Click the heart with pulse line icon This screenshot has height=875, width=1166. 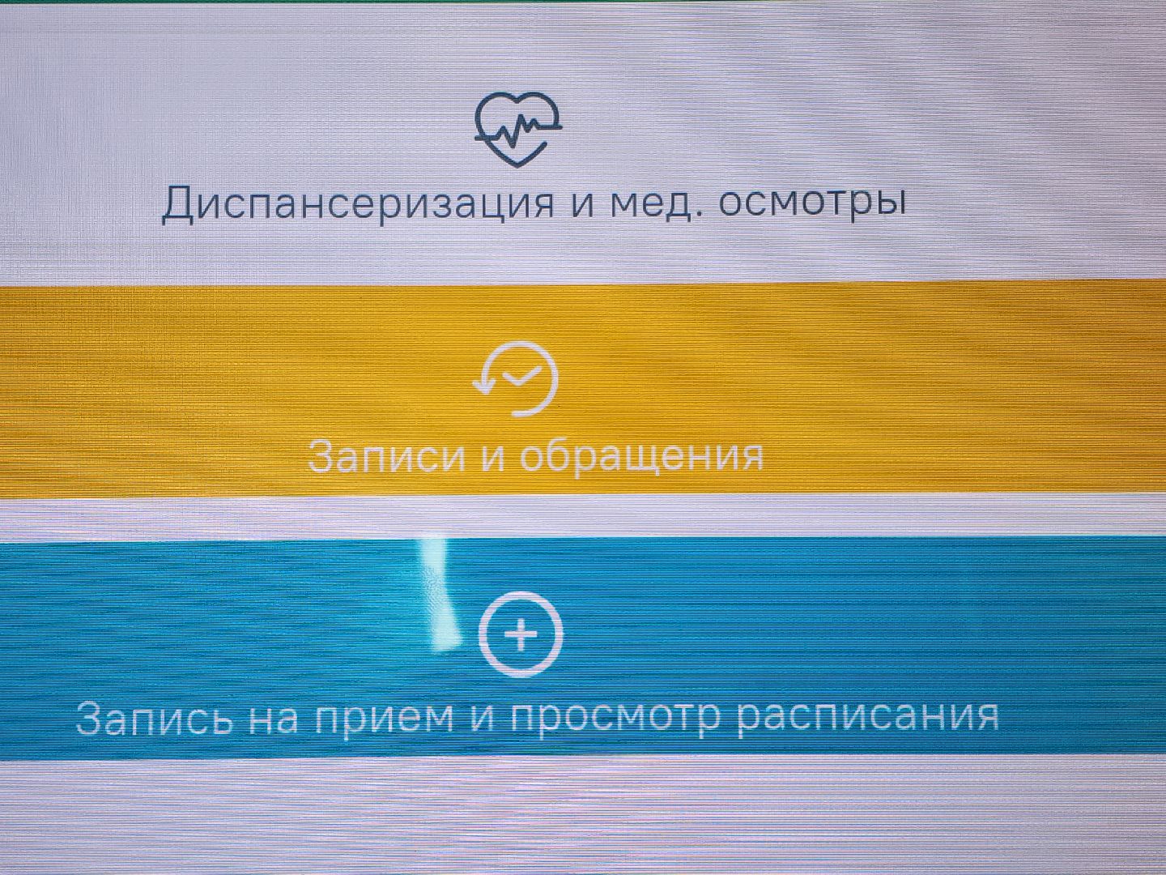[518, 129]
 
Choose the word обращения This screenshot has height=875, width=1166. [640, 455]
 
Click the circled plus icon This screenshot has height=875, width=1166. [521, 635]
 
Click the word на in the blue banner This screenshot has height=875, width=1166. [274, 717]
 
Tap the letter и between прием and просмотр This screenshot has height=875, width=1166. [483, 716]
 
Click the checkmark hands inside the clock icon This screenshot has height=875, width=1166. [521, 376]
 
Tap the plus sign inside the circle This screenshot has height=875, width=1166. [521, 635]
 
